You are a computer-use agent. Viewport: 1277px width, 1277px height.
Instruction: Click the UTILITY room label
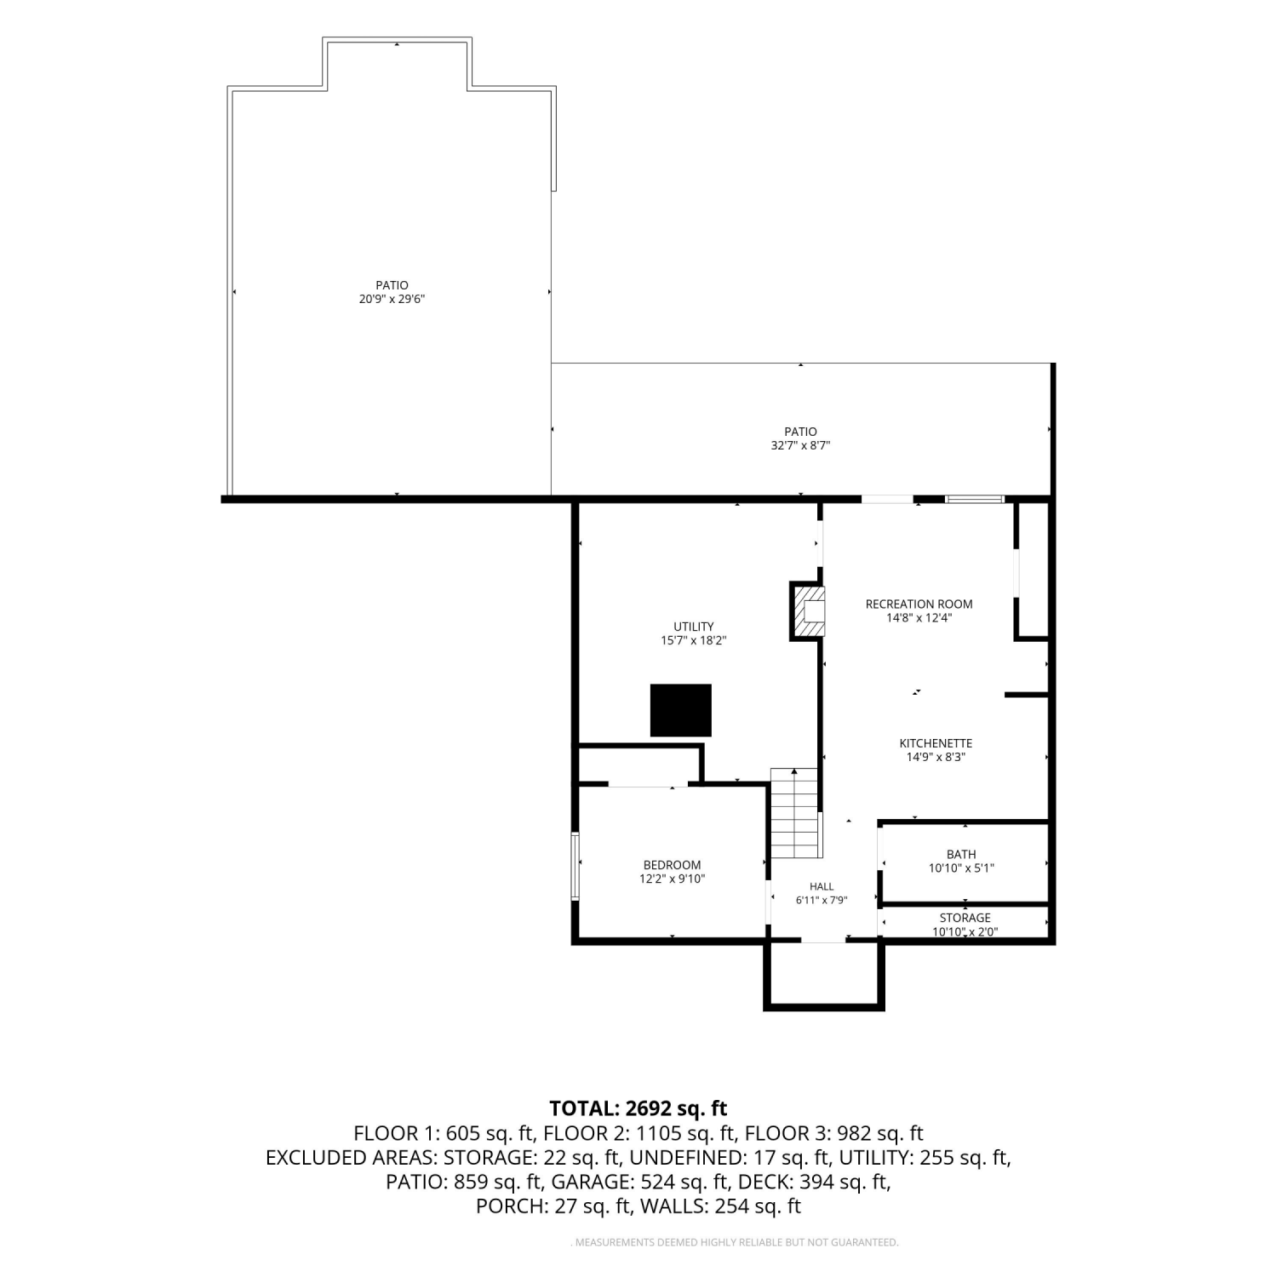click(694, 627)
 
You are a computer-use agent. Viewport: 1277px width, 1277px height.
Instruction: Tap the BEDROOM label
click(672, 865)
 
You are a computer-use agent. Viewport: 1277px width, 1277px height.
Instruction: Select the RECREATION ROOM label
click(919, 604)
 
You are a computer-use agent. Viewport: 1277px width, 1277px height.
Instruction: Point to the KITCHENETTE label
click(936, 742)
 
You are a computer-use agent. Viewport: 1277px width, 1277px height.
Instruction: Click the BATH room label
click(961, 854)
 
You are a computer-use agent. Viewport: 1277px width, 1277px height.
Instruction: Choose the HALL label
click(822, 886)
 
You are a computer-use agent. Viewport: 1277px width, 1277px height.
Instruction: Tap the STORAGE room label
click(965, 918)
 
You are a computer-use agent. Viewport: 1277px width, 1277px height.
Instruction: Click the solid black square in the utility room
click(680, 710)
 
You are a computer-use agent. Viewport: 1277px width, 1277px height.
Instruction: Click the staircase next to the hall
click(796, 814)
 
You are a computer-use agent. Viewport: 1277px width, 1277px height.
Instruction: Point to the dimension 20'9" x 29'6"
click(392, 299)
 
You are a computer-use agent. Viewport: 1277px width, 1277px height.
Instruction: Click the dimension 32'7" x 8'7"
click(800, 445)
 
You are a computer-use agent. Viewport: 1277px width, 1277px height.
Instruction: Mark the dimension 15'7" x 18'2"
click(694, 640)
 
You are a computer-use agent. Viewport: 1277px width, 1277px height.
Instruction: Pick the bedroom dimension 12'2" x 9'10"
click(672, 879)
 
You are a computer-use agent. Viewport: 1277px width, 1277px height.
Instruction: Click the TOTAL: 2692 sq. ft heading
click(638, 1108)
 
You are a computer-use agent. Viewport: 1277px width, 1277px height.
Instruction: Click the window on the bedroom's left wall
click(576, 866)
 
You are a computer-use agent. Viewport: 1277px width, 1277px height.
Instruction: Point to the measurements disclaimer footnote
click(734, 1243)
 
